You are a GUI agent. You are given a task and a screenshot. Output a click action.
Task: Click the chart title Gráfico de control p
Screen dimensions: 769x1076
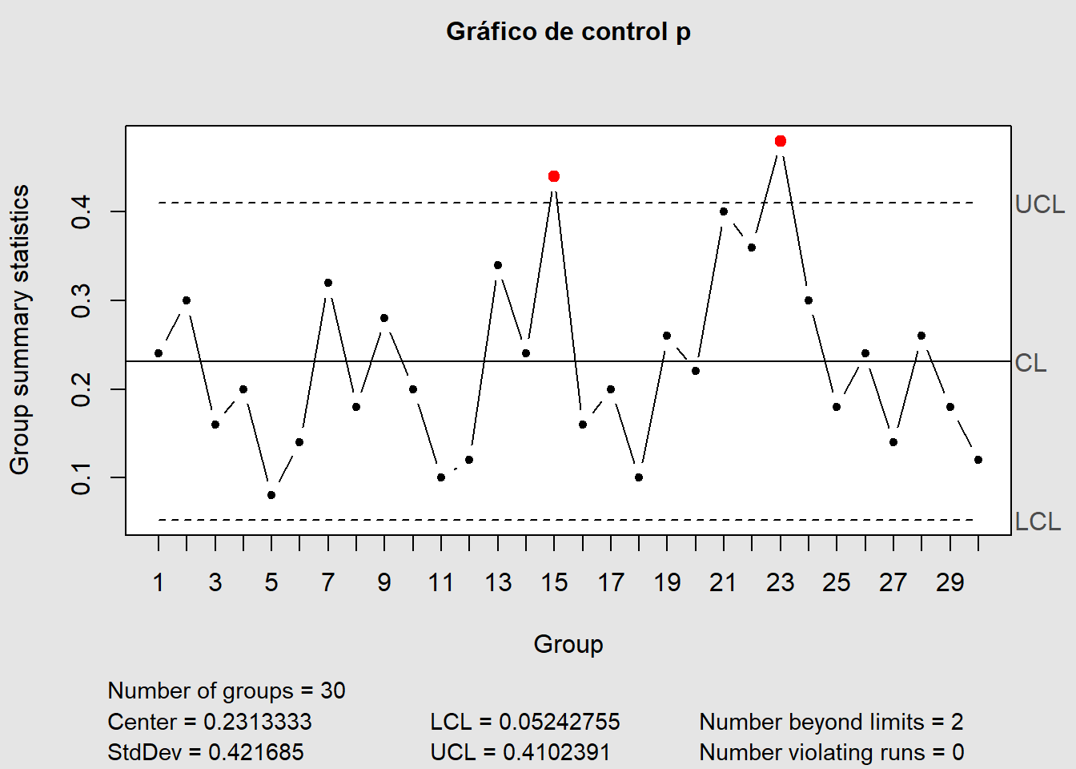(568, 31)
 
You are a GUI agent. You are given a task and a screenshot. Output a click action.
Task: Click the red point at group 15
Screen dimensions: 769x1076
(554, 176)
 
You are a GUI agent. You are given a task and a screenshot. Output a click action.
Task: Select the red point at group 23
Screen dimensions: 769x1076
(781, 141)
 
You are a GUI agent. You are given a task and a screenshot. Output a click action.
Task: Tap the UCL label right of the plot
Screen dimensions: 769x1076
(1039, 204)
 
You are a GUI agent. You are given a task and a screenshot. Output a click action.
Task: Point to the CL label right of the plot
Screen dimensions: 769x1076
(1030, 363)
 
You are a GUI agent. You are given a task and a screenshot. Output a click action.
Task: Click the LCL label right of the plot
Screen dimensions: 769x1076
(1038, 521)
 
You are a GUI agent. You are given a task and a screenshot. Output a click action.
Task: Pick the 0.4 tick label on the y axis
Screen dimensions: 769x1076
(81, 211)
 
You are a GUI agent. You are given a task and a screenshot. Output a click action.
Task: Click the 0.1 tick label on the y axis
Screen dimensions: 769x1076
(81, 477)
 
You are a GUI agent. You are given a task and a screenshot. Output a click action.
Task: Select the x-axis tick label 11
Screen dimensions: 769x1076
(441, 582)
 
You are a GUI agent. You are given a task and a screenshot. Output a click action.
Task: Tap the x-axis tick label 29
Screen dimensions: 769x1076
(950, 582)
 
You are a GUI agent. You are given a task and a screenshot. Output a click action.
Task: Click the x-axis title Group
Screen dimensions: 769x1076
(568, 644)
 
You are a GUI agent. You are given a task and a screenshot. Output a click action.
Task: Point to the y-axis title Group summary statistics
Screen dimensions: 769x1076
(19, 329)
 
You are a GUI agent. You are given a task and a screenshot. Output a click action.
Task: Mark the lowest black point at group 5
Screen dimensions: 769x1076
(271, 495)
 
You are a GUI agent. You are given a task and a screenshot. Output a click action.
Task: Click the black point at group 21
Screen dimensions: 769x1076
(724, 211)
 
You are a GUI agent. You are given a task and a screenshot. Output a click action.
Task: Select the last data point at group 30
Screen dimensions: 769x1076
(978, 460)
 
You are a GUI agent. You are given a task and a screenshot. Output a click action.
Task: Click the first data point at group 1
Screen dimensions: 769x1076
(159, 353)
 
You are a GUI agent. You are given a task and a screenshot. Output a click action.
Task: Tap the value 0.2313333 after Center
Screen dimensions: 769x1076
(257, 722)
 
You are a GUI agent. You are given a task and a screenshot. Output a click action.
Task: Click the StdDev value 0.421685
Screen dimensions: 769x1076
(255, 752)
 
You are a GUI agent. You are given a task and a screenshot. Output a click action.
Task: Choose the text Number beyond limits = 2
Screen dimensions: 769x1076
(831, 722)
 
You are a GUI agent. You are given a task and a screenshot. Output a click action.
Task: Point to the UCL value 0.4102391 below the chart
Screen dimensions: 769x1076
(556, 752)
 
